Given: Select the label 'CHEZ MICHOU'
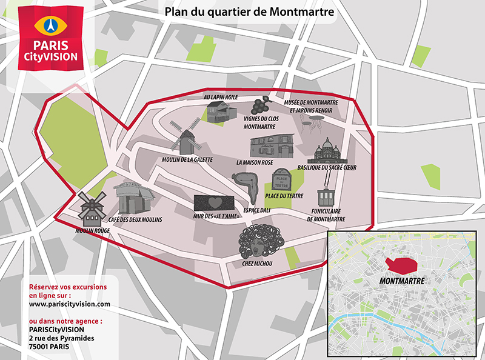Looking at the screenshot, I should [x=257, y=263].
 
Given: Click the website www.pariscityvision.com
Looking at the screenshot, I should [x=70, y=304].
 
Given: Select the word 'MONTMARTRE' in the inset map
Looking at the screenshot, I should [x=401, y=281].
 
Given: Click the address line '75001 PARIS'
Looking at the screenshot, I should [x=49, y=347].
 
